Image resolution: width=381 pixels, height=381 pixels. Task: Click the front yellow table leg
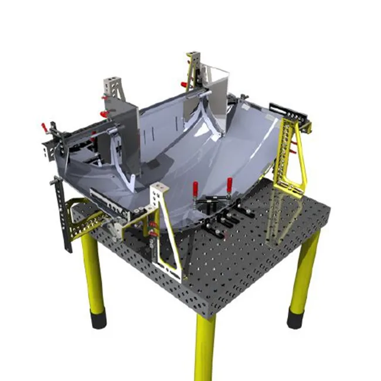(205, 346)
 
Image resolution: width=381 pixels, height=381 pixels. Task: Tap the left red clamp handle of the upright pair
(195, 189)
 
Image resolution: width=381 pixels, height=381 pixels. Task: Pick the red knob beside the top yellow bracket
(184, 84)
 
